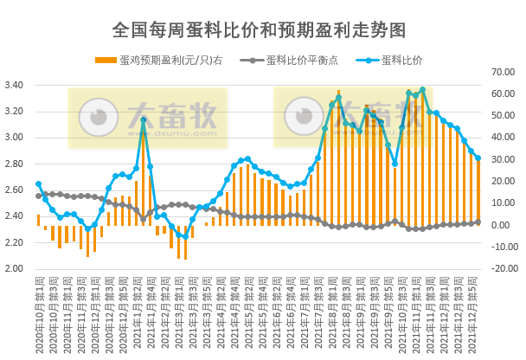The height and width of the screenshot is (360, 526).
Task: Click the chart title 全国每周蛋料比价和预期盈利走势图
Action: click(x=259, y=29)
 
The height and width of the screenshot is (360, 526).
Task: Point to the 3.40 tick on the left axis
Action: click(x=16, y=85)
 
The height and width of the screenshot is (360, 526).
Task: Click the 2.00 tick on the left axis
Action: click(x=16, y=268)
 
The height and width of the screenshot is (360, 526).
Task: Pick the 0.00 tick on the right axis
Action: click(x=507, y=225)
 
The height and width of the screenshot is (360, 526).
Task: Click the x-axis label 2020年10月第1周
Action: click(x=38, y=312)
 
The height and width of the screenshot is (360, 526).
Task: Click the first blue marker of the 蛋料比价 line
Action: click(x=38, y=184)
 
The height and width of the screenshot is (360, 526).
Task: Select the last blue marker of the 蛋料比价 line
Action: click(x=478, y=157)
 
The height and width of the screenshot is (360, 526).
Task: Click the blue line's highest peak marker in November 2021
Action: click(x=422, y=90)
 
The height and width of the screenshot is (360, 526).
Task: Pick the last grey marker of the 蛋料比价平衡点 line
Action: click(x=478, y=222)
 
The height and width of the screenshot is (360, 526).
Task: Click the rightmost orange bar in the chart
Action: click(x=478, y=191)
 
